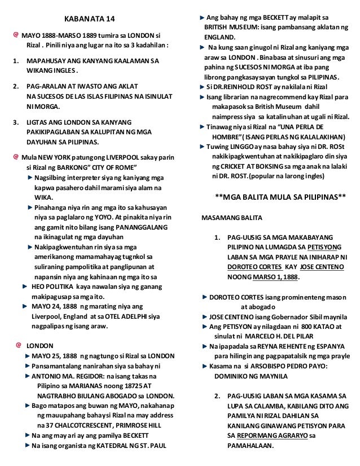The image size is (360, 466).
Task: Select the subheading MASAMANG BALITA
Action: (231, 217)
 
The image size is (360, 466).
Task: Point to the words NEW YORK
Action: (54, 155)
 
